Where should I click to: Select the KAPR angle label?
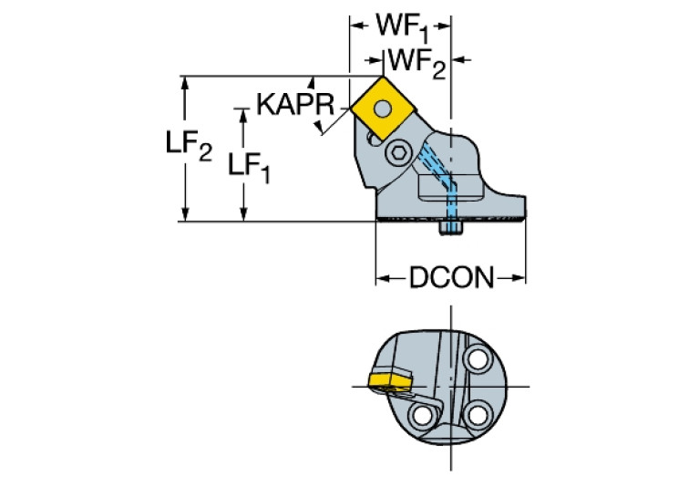(293, 104)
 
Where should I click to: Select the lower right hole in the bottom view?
(474, 416)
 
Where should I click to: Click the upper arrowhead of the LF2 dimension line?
(186, 81)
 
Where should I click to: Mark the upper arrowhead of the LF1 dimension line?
(242, 113)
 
